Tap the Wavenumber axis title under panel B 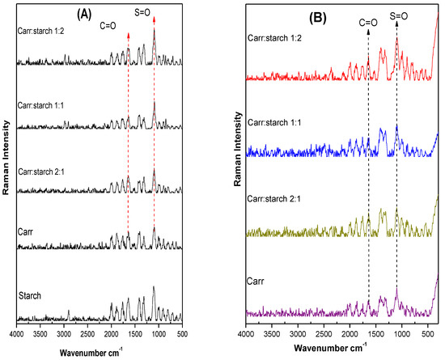coord(336,349)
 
